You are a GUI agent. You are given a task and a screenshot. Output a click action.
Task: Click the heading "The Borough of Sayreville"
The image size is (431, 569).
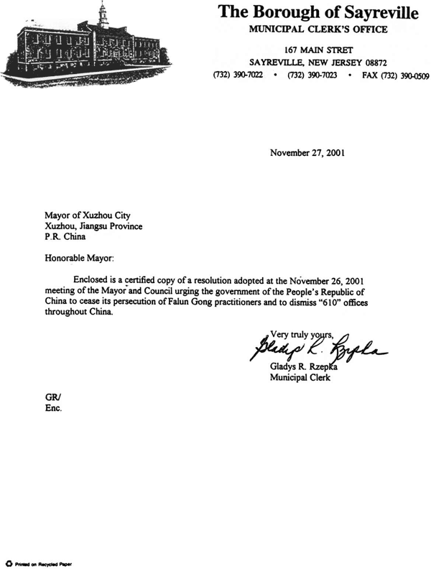click(x=317, y=12)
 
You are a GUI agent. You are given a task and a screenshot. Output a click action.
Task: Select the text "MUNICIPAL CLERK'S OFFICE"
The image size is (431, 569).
click(x=318, y=29)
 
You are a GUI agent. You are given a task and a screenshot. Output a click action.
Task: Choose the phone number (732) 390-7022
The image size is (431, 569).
click(x=238, y=75)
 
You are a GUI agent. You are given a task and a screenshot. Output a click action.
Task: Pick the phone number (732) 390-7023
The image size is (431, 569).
click(x=311, y=75)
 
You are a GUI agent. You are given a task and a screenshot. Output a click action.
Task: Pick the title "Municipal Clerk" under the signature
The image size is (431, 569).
click(x=300, y=379)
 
